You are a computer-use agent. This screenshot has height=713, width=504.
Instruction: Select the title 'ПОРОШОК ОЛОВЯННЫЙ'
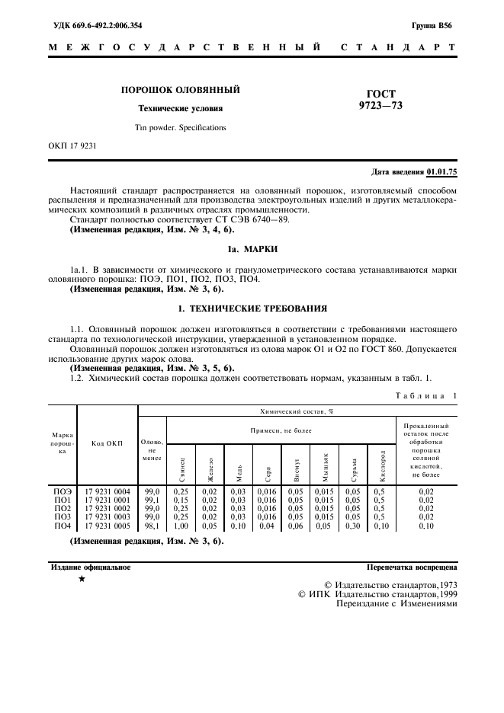click(180, 90)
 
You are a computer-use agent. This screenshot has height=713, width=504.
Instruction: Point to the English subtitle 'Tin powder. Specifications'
click(180, 127)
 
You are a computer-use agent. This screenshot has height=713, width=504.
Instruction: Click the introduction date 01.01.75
click(441, 171)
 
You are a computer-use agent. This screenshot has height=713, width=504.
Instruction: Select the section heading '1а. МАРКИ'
click(252, 248)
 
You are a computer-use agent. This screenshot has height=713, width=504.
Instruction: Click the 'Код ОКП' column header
click(107, 443)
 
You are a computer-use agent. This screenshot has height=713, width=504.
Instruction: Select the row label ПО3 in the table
click(63, 516)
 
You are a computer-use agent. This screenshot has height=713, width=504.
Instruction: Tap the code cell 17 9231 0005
click(107, 526)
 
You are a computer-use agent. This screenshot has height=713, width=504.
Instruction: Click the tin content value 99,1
click(152, 500)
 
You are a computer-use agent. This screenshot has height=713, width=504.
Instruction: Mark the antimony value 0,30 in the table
click(352, 526)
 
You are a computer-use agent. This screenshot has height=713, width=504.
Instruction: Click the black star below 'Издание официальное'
click(82, 580)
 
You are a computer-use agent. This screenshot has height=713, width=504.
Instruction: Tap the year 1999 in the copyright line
click(445, 593)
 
